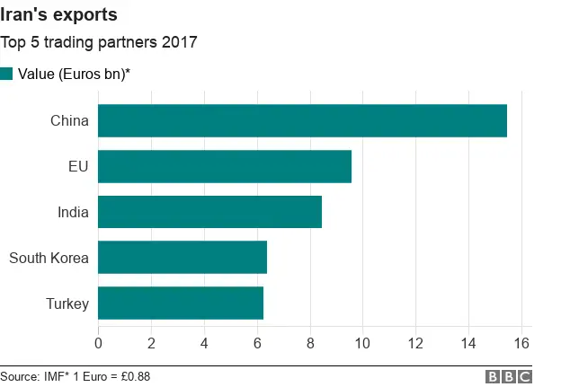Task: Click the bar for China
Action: point(302,121)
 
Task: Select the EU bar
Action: point(225,166)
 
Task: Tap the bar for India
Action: point(209,212)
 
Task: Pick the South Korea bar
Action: point(183,258)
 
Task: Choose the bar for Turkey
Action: point(181,303)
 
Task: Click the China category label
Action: point(70,121)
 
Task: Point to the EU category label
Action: point(79,166)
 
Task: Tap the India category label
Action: point(72,212)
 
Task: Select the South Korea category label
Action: point(49,259)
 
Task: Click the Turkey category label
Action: point(67,303)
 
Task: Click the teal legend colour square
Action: point(7,74)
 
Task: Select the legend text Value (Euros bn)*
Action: point(75,74)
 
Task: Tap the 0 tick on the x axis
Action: point(98,342)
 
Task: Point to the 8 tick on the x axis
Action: point(310,342)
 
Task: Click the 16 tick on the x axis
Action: point(521,342)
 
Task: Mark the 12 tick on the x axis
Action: point(415,342)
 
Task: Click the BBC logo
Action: point(509,376)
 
